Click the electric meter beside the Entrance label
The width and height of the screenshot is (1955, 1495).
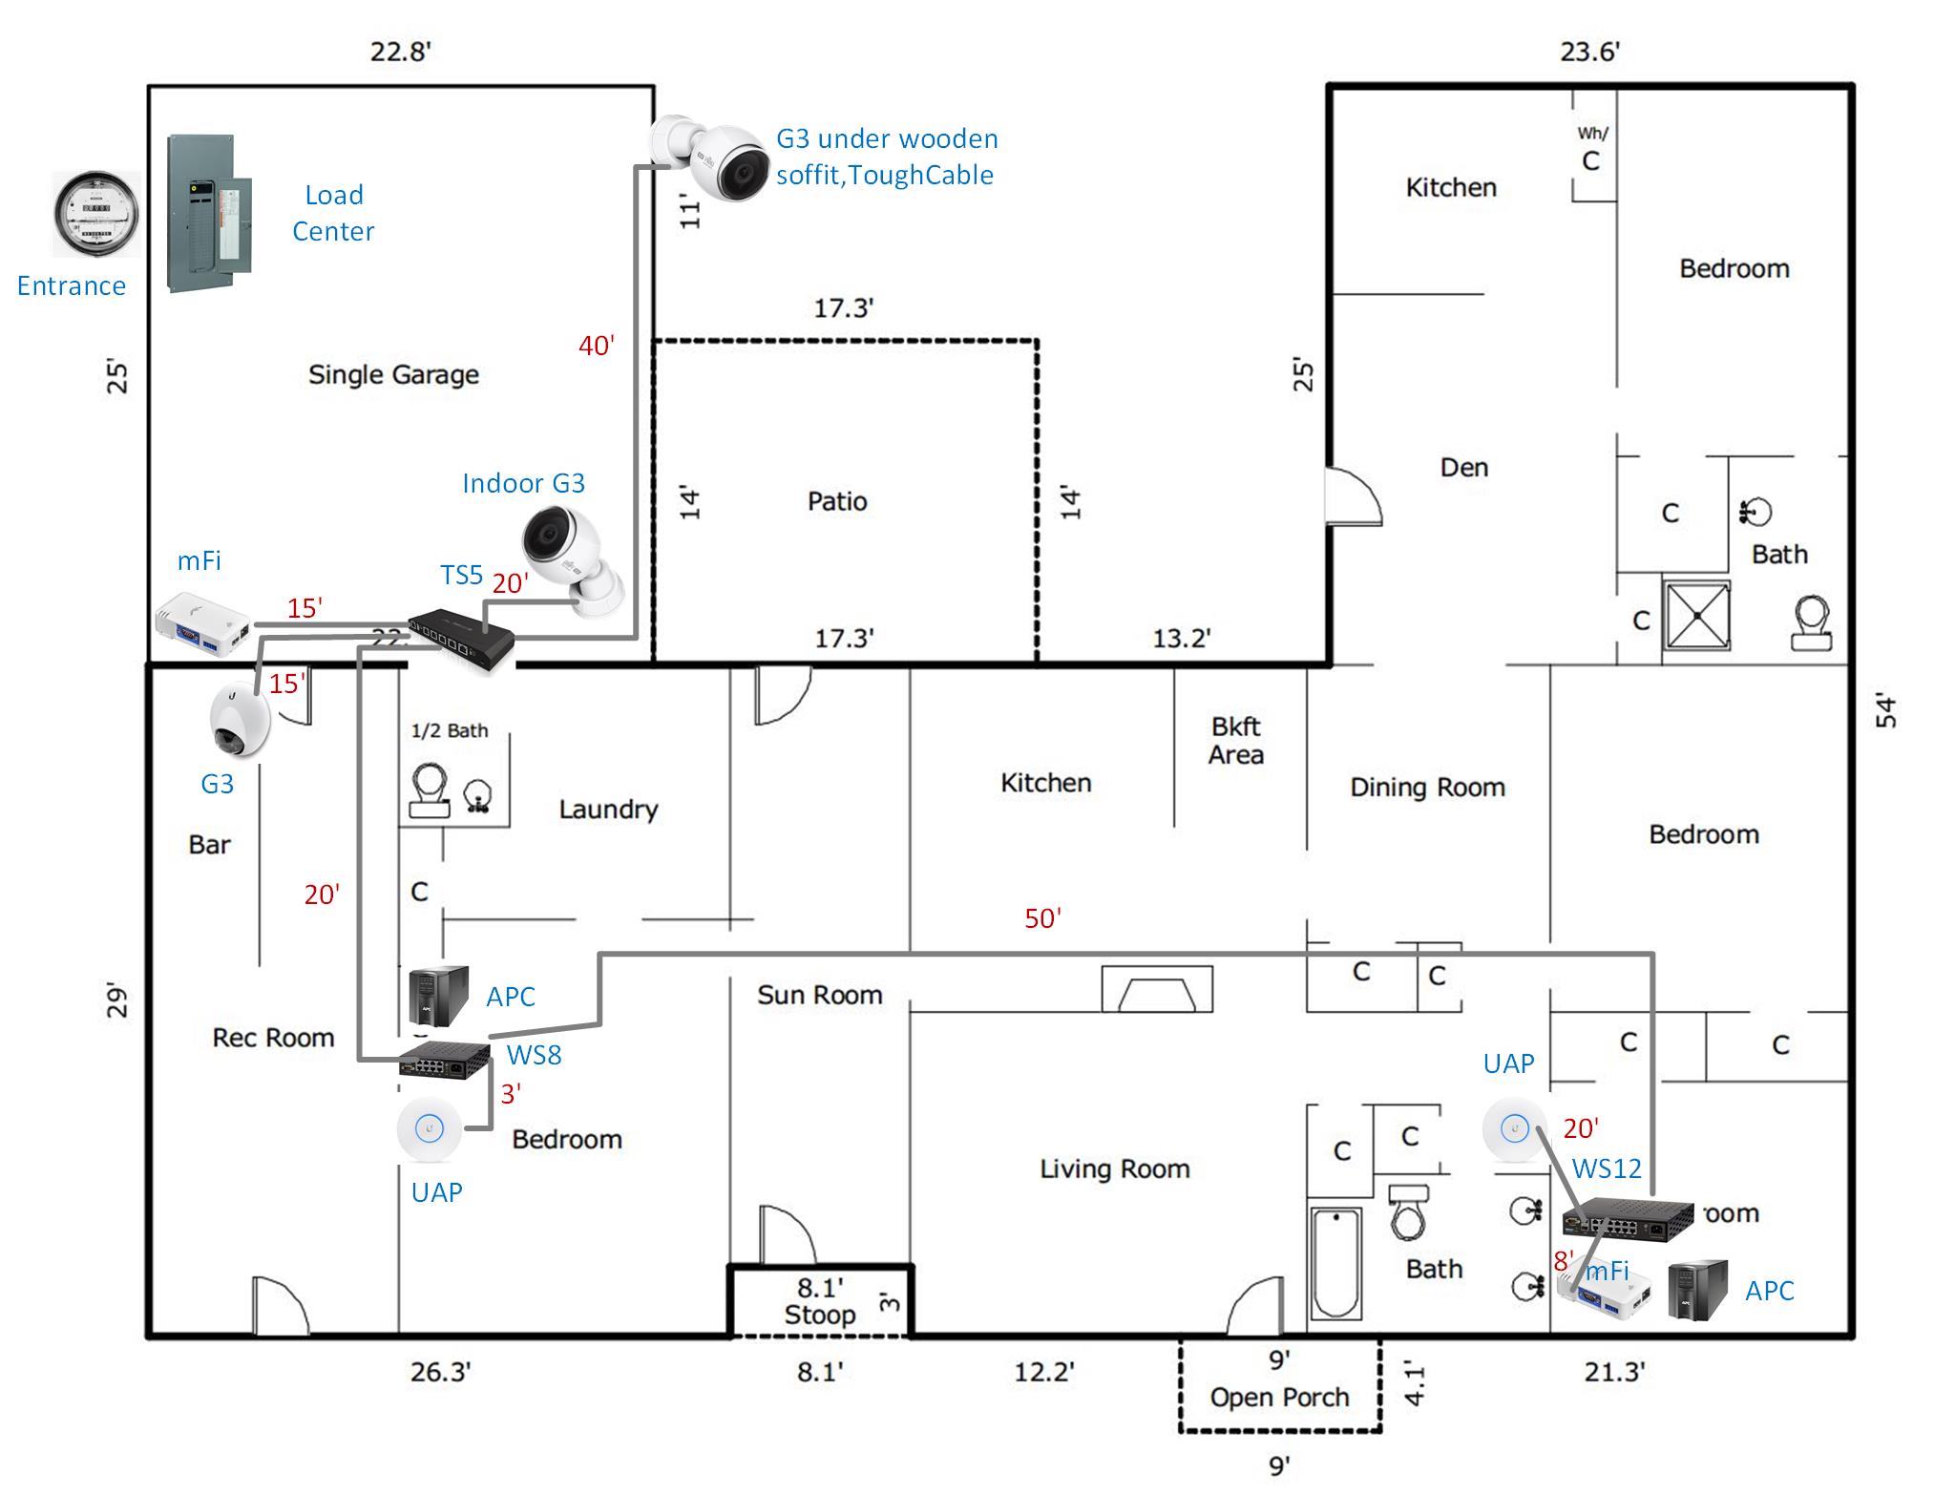[x=95, y=215]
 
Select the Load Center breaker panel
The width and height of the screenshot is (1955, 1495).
[x=209, y=214]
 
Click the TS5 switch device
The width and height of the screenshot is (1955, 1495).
[x=461, y=639]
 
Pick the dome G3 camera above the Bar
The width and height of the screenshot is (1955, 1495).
[x=239, y=721]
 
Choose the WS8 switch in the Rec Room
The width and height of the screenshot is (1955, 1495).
[x=444, y=1060]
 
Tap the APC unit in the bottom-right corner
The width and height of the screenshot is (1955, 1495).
[x=1698, y=1291]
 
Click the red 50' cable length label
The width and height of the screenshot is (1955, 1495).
[x=1042, y=918]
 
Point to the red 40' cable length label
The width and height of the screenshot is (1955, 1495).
[x=597, y=346]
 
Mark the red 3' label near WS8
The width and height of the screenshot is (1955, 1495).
[x=511, y=1094]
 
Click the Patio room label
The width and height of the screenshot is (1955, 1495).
[x=837, y=501]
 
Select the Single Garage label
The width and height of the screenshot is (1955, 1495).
[x=393, y=374]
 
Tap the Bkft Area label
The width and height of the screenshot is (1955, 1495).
[x=1235, y=741]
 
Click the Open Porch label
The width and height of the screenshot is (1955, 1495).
[x=1279, y=1398]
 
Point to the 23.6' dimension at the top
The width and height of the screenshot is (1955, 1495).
[x=1589, y=52]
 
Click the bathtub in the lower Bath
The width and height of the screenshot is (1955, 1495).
[x=1334, y=1264]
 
